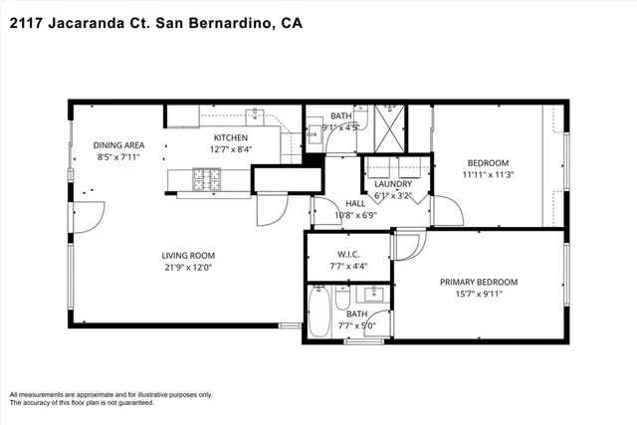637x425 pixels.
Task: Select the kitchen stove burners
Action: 209,180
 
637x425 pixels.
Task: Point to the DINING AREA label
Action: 119,144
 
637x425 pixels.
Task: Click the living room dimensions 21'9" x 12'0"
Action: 189,267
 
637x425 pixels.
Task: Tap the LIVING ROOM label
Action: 189,255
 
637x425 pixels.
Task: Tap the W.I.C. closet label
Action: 347,254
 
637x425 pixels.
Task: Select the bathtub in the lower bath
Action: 319,313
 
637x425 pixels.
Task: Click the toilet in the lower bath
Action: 341,300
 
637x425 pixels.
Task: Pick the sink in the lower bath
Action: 376,295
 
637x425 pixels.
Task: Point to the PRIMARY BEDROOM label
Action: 481,282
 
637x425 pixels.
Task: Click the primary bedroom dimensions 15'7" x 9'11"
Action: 481,294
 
